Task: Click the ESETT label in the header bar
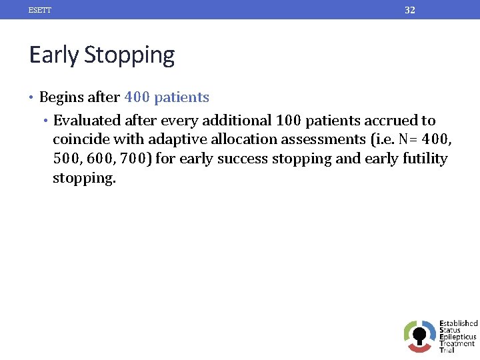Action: click(x=40, y=10)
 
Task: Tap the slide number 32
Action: click(x=410, y=10)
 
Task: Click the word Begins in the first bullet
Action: click(x=61, y=97)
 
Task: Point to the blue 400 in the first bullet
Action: click(x=137, y=97)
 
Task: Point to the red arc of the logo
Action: click(x=419, y=348)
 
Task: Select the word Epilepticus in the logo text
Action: click(x=458, y=337)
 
